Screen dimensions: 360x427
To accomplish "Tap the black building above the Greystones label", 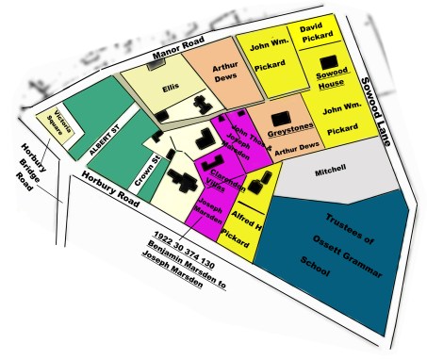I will click(280, 119).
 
